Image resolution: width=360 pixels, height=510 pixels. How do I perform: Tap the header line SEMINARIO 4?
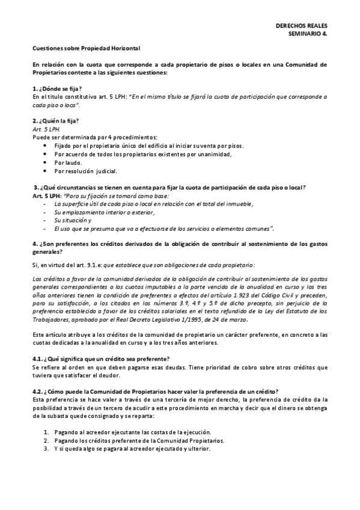[310, 34]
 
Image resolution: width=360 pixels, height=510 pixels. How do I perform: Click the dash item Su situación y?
[72, 220]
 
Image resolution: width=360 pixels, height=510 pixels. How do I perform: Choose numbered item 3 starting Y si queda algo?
[132, 449]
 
